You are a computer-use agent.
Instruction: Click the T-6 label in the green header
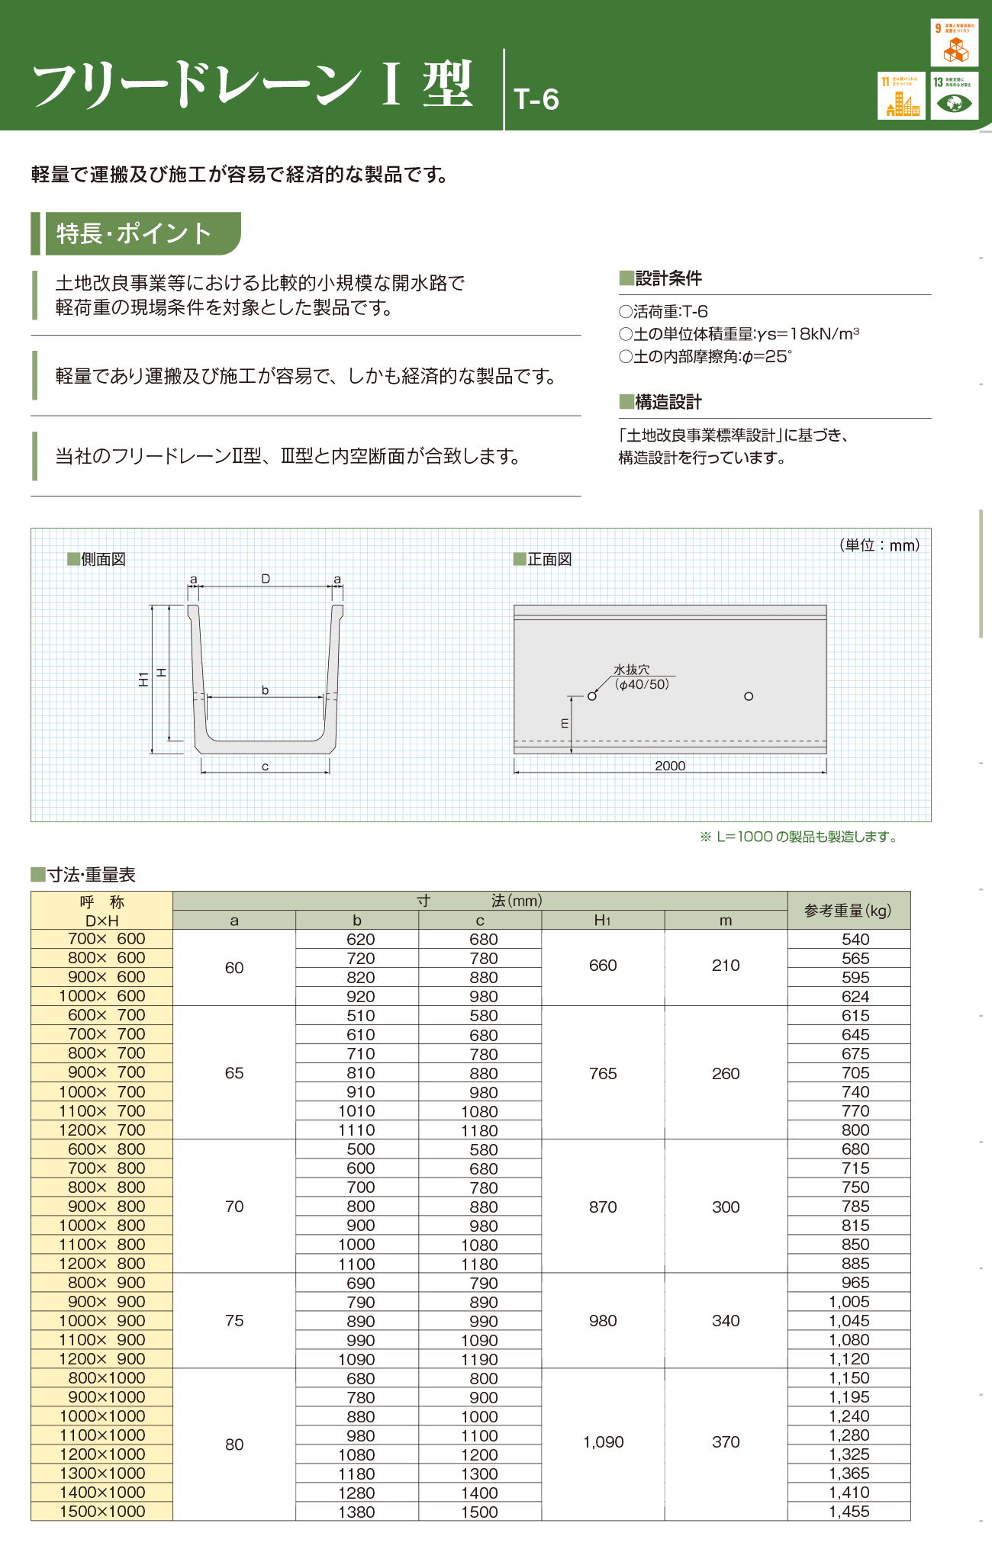[536, 100]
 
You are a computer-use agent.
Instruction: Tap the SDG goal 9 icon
[954, 43]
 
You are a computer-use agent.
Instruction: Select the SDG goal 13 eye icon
[954, 96]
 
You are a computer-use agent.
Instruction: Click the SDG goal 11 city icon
[901, 96]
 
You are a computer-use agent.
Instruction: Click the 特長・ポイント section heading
[134, 233]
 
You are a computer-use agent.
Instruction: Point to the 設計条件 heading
[661, 278]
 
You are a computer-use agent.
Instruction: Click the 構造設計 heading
[661, 402]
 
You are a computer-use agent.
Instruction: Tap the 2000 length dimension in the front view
[670, 766]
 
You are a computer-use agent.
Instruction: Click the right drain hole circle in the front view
[749, 696]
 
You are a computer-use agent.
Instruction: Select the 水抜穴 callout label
[632, 669]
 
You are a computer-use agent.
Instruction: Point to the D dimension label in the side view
[266, 579]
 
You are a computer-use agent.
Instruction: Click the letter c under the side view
[265, 766]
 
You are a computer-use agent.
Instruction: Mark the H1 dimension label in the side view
[143, 679]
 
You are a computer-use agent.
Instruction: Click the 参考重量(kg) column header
[848, 910]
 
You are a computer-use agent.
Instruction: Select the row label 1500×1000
[102, 1511]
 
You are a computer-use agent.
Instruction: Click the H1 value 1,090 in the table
[603, 1441]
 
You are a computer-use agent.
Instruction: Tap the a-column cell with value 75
[234, 1320]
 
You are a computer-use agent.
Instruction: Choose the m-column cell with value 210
[725, 966]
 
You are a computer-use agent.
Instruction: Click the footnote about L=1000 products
[799, 837]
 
